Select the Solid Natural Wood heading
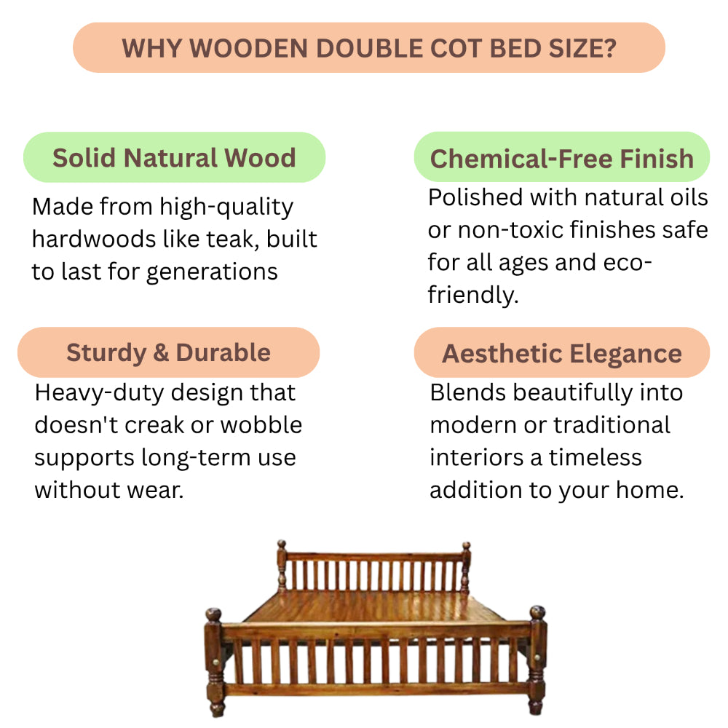pos(174,158)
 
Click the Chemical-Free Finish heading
pos(562,159)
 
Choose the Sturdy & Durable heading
pos(169,353)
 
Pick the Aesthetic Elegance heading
pos(562,354)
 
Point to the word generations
pos(212,272)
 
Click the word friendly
pos(473,296)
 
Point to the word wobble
pos(261,425)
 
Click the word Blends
pos(468,393)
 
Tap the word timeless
pos(596,457)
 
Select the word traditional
pos(612,425)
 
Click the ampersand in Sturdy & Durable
pos(161,353)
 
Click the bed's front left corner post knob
pos(213,614)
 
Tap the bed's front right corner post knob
pos(537,613)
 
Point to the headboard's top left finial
pos(281,545)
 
